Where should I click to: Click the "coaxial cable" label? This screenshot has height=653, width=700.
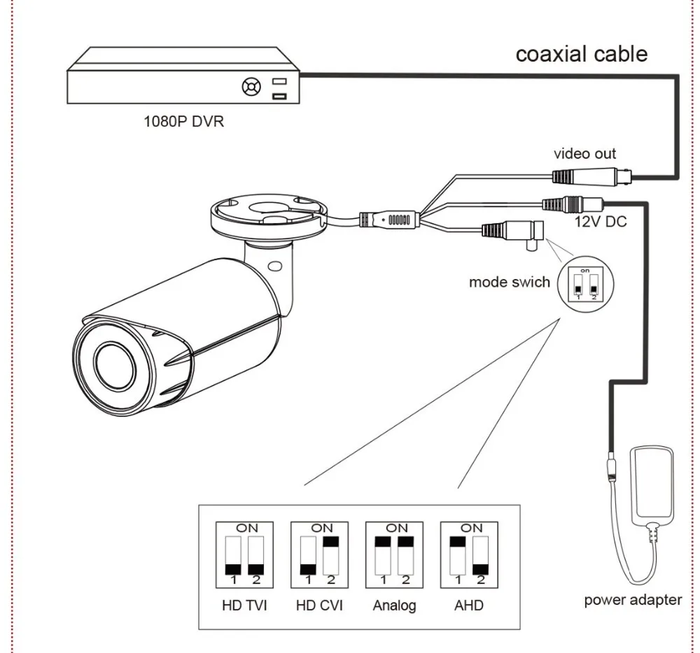581,54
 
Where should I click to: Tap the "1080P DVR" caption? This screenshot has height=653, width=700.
183,121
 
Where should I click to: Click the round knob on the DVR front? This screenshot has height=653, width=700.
251,87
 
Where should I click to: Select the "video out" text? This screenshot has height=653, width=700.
584,154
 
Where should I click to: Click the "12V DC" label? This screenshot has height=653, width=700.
601,221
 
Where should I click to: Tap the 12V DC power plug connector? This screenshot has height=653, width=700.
573,203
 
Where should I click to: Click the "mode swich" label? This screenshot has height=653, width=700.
510,282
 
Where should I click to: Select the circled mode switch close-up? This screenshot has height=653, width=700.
586,284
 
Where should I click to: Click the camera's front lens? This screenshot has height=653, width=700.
115,366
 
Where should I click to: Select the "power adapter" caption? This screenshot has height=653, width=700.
633,600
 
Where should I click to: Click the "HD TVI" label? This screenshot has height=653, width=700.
244,605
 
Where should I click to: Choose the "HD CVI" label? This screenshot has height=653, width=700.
319,605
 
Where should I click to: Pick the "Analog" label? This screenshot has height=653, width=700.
394,605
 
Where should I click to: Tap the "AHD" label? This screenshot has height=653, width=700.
469,605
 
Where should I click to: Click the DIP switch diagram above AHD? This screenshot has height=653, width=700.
469,555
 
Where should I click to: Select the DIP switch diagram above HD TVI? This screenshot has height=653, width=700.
244,555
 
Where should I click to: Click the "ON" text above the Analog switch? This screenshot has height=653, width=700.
396,528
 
